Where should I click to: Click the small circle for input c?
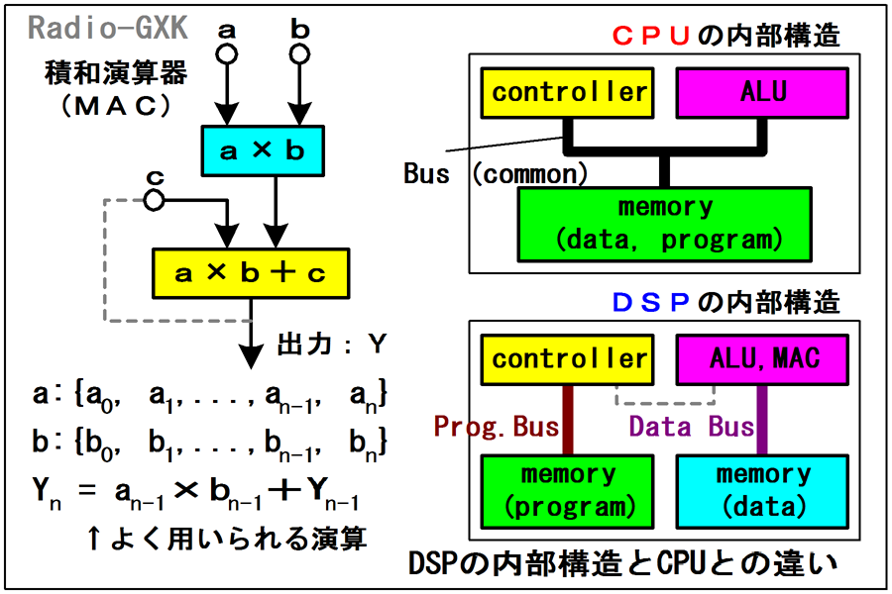tap(154, 201)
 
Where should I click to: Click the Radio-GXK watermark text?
tap(108, 27)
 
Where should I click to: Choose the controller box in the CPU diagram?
tap(569, 94)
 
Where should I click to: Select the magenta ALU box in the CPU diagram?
tap(763, 94)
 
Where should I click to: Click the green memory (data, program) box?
tap(665, 224)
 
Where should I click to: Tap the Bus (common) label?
tap(496, 174)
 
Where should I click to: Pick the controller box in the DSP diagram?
tap(569, 359)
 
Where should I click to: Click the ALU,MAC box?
tap(763, 359)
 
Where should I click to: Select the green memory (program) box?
tap(569, 491)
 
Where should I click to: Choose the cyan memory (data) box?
tap(763, 491)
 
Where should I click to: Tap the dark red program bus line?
tap(569, 420)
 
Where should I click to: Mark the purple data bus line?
tap(763, 420)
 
